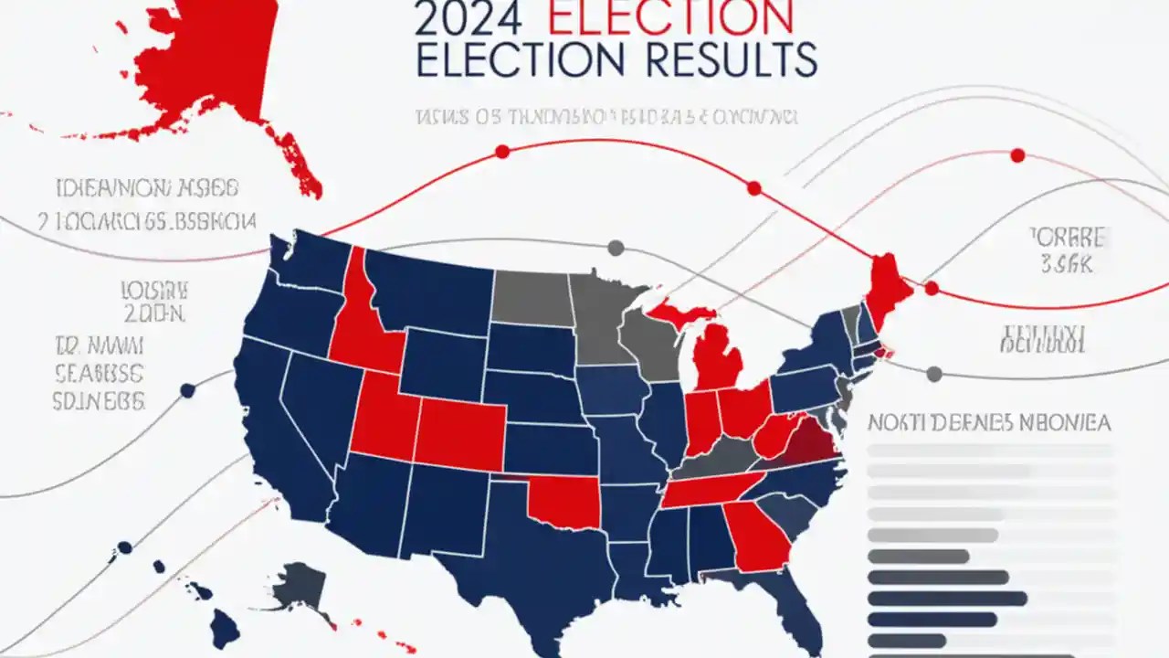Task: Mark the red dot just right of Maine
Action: click(932, 289)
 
